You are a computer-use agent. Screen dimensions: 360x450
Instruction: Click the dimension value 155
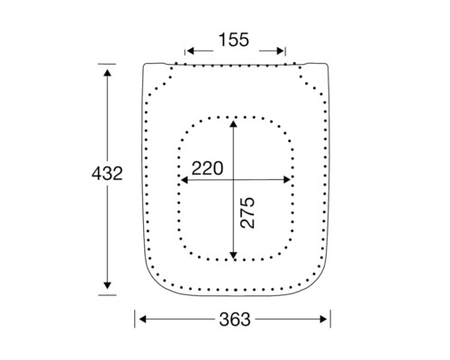coord(234,40)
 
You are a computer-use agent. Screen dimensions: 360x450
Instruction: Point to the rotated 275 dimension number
coord(249,212)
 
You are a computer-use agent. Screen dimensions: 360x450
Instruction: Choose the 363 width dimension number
coord(234,319)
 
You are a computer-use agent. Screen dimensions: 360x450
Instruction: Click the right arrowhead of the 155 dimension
coord(282,51)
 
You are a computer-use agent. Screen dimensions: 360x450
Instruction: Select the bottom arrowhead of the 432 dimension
coord(107,285)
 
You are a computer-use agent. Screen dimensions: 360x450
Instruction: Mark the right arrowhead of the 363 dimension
coord(326,319)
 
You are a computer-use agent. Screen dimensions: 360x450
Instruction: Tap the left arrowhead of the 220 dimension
coord(185,179)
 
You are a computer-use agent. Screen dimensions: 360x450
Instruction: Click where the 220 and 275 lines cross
coord(234,179)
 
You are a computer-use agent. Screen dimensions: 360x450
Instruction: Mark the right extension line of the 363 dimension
coord(331,319)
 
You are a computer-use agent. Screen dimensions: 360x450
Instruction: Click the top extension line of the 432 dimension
coord(107,63)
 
